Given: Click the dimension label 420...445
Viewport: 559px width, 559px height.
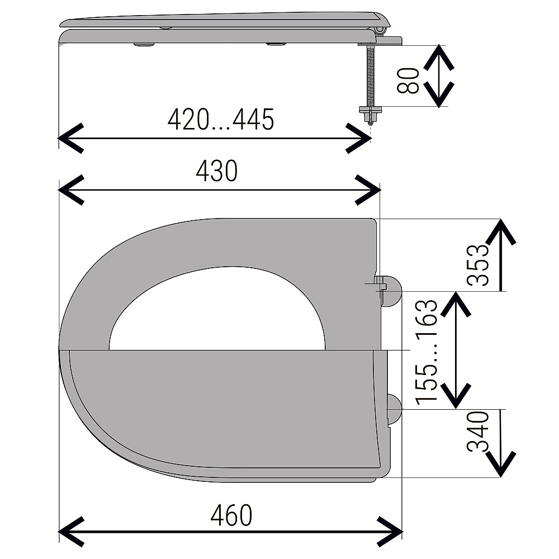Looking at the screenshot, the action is (221, 120).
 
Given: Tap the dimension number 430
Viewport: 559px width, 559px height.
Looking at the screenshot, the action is (217, 171).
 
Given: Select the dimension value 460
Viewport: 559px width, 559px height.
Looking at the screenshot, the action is (231, 515).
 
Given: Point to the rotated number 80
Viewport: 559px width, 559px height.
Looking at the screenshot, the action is (409, 80).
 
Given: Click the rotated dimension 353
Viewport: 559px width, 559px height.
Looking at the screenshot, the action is (478, 265).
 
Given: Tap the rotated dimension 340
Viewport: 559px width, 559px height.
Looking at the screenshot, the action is (478, 432).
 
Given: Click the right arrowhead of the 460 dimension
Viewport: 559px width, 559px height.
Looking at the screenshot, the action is (390, 531).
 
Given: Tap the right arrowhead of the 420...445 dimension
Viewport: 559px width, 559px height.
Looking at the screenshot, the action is (359, 138).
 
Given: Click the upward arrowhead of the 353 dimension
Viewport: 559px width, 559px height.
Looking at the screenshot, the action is (501, 233).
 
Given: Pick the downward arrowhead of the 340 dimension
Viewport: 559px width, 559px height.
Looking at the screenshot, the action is (501, 464).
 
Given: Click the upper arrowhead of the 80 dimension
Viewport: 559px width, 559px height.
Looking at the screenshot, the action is (439, 58).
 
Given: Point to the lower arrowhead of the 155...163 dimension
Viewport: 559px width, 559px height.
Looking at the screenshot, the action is (456, 395).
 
